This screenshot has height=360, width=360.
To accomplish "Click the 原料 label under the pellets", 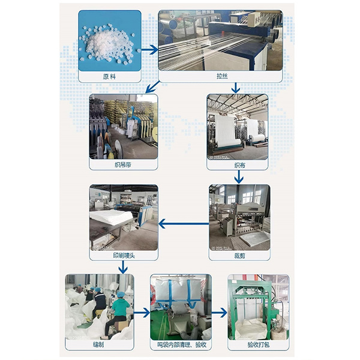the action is [109, 76].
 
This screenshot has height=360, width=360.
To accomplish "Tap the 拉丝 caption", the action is [222, 76].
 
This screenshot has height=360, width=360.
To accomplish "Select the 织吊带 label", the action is [123, 164].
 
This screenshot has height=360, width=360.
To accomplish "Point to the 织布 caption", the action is [239, 165].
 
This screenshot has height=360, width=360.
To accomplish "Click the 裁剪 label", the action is [239, 256].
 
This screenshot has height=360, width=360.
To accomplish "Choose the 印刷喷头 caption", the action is [124, 256].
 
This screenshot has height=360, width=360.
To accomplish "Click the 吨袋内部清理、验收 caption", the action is [181, 344].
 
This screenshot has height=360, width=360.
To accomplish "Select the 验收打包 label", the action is [258, 344].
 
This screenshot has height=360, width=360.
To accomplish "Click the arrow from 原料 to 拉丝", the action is [149, 50].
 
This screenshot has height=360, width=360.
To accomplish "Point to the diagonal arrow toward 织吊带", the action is [152, 87].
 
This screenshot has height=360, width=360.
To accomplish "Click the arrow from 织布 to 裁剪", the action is [239, 177].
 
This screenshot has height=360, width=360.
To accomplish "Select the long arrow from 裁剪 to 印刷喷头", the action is [184, 224].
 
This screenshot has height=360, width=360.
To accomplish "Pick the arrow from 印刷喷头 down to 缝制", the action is [123, 267].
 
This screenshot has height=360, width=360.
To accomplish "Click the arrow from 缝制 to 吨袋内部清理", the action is [142, 313].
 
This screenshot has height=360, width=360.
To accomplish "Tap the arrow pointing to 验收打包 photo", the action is [219, 313].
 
